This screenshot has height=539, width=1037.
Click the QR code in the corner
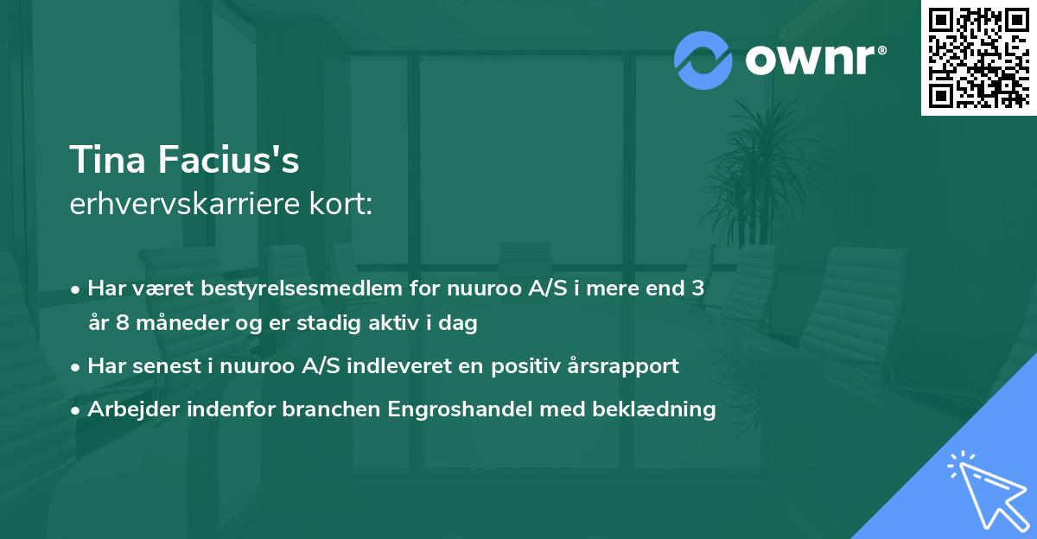click(x=979, y=57)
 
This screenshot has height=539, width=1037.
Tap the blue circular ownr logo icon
click(x=703, y=60)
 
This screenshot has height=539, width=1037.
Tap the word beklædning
click(x=662, y=409)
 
